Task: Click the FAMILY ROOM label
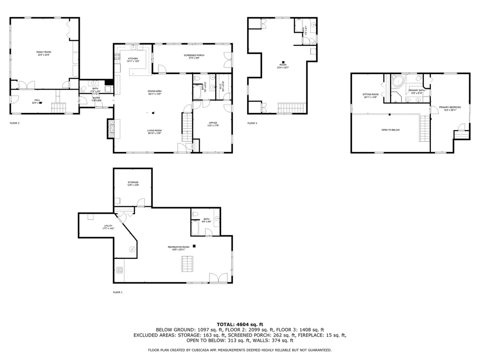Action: (x=44, y=52)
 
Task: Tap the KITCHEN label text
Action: (x=133, y=59)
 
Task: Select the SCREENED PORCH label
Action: (x=193, y=55)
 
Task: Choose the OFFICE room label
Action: (x=213, y=123)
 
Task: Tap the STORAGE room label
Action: (x=133, y=182)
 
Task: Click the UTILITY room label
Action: (x=108, y=226)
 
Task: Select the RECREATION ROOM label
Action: (x=179, y=247)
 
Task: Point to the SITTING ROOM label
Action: (x=370, y=94)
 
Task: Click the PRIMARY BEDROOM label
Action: (x=450, y=107)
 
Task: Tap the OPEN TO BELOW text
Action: (x=390, y=130)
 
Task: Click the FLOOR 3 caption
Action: (x=252, y=123)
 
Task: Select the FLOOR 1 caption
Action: (x=117, y=292)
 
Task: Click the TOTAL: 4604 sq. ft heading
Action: (x=240, y=324)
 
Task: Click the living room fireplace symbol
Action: (x=111, y=128)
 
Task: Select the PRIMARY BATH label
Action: (x=416, y=90)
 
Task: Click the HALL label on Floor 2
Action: (x=37, y=100)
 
